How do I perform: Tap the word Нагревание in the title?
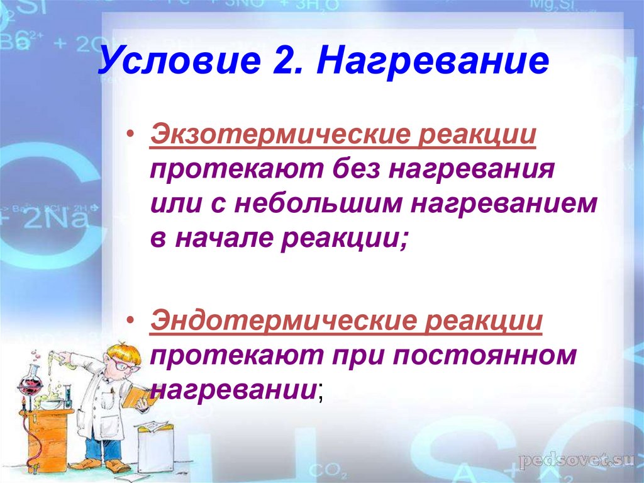point(433,61)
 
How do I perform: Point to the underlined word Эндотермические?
point(283,321)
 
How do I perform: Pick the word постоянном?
point(485,356)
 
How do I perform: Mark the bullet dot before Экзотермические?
point(131,134)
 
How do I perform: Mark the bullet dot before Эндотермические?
point(131,320)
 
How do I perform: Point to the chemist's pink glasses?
point(124,365)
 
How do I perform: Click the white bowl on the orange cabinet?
point(52,403)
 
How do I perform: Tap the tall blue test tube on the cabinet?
point(68,395)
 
